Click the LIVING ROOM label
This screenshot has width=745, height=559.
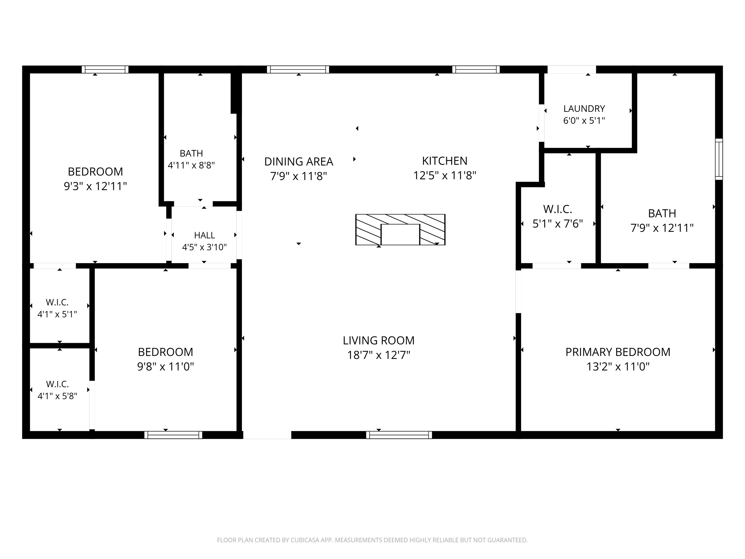[379, 340]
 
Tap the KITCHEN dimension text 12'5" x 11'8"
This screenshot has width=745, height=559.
[445, 176]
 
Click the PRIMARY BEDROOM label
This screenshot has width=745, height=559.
[618, 352]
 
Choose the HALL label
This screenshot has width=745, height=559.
[204, 235]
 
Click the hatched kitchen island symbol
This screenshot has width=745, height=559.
[400, 230]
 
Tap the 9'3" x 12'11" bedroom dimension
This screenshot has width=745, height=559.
[95, 186]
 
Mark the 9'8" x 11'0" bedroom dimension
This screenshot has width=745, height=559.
[165, 366]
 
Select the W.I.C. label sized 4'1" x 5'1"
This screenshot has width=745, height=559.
[57, 302]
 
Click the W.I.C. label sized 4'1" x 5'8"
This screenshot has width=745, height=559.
[57, 384]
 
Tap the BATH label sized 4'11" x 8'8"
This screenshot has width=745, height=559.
[191, 153]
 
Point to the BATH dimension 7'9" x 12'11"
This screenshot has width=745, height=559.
[662, 228]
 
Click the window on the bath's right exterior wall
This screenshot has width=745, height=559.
[719, 159]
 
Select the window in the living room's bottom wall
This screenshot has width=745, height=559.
[399, 435]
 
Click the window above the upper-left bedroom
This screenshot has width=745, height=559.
[105, 69]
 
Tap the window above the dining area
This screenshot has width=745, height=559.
[298, 69]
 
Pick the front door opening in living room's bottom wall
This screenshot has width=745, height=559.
[267, 435]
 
